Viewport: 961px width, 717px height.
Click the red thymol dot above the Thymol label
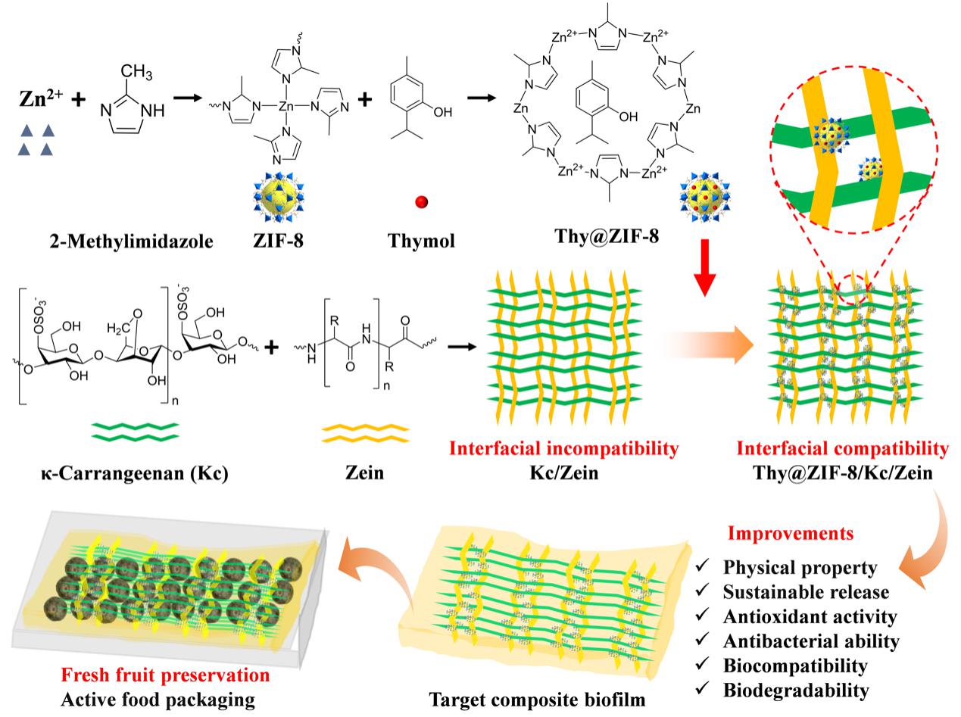(422, 202)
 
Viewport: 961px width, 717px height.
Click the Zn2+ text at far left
(39, 100)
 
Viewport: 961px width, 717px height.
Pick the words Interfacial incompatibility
(563, 448)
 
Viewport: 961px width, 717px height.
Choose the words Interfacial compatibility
(842, 448)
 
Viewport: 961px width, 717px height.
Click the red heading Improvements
(790, 532)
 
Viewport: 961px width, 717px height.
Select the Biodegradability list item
(795, 690)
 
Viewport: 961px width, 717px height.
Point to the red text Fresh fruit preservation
(165, 674)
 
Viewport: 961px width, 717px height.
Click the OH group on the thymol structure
(441, 112)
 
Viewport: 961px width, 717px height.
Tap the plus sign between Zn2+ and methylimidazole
(78, 98)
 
